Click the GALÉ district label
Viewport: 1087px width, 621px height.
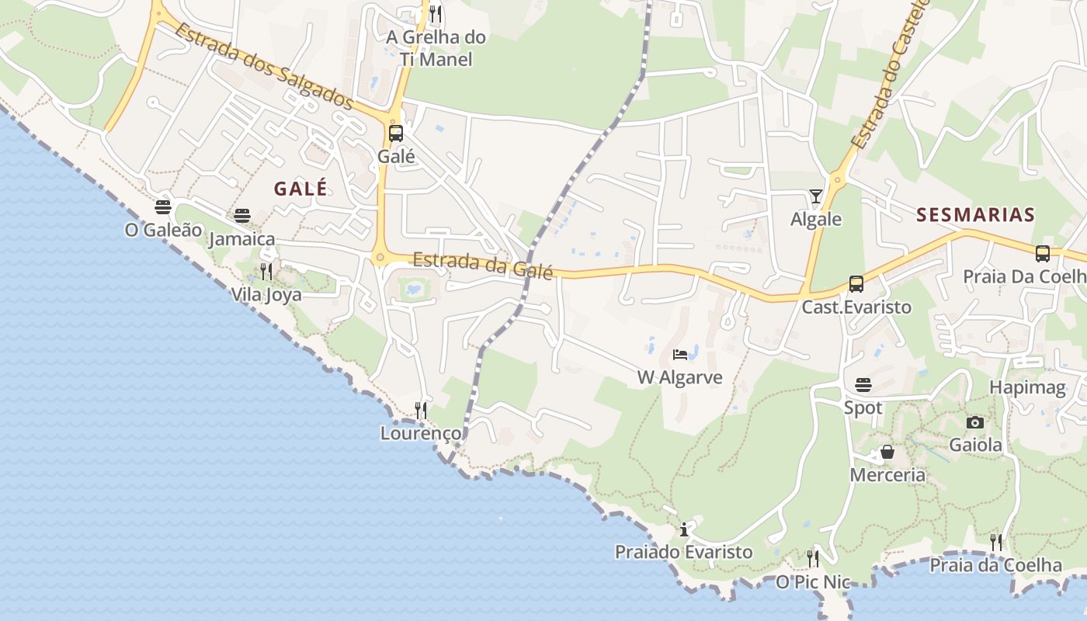300,189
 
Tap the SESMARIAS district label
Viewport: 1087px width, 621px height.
976,215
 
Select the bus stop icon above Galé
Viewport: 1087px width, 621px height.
396,134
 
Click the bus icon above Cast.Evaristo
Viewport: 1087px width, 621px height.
856,284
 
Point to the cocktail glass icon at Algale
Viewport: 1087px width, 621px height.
816,196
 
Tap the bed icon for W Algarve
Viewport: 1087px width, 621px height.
680,355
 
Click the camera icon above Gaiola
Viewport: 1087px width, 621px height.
975,422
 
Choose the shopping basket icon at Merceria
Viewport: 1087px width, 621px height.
887,452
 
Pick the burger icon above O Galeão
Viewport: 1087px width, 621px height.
163,207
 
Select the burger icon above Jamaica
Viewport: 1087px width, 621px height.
242,215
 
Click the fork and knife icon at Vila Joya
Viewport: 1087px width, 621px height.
266,271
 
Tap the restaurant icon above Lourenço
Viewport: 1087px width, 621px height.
421,410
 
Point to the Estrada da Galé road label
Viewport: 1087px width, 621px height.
483,265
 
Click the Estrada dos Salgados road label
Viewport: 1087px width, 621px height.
264,67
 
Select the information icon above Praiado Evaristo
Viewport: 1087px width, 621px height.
684,529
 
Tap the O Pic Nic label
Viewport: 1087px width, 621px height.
813,582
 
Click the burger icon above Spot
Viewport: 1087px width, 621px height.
863,385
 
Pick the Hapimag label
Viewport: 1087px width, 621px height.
1027,387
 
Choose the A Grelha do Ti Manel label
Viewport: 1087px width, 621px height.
436,47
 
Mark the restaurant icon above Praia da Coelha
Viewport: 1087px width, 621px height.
996,542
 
